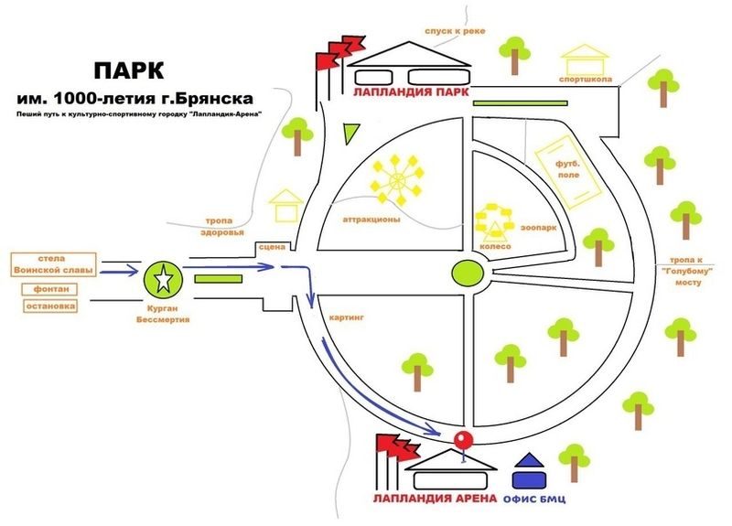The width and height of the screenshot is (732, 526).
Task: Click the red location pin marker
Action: point(464,440)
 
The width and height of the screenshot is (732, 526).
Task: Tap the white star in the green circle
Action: point(163,280)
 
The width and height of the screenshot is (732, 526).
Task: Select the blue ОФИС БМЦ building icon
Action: point(529,471)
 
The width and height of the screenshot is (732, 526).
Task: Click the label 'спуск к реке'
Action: point(455,31)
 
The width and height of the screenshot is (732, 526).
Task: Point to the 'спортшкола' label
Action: point(586,80)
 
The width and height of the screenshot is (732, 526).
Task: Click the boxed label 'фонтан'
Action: point(49,289)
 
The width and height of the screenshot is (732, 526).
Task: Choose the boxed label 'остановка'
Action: point(50,306)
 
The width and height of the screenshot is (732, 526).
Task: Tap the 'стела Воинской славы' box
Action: point(53,264)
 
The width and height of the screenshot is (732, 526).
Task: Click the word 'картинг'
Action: point(346,317)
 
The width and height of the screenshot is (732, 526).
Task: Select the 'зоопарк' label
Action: point(538,228)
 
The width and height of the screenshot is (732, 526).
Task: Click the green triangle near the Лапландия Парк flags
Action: point(350,134)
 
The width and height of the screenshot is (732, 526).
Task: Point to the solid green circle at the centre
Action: point(468,273)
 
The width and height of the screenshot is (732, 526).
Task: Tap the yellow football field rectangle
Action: point(567,171)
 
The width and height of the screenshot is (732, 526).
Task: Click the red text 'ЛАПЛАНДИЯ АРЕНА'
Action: point(435,499)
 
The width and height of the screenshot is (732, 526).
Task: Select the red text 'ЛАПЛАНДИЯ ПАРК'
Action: point(411,92)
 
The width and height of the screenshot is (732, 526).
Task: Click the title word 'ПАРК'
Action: point(129,71)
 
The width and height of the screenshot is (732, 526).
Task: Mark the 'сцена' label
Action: point(272,247)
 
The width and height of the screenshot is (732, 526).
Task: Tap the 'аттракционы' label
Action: point(371,219)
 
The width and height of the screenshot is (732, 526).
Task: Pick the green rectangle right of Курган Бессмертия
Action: point(218,279)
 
